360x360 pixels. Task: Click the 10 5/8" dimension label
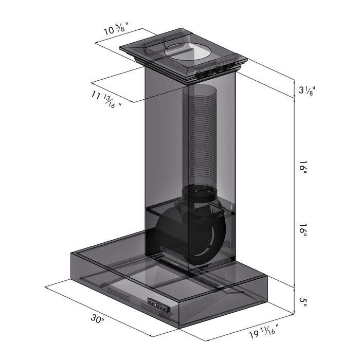(x=116, y=29)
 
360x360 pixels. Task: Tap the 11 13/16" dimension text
(x=106, y=99)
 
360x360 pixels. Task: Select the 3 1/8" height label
(x=307, y=90)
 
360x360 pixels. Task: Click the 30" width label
(x=97, y=319)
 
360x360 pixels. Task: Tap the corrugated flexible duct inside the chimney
(x=200, y=135)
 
